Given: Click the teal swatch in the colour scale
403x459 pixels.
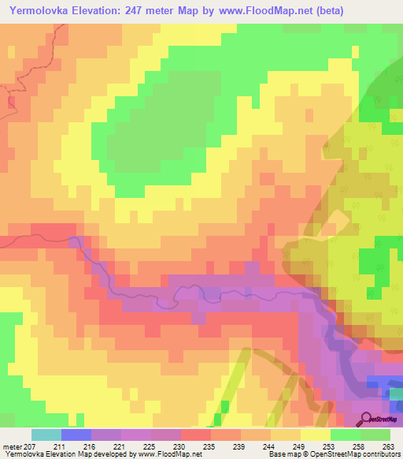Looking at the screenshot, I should (x=46, y=435).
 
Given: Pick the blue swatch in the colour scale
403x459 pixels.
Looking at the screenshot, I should (x=76, y=435).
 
